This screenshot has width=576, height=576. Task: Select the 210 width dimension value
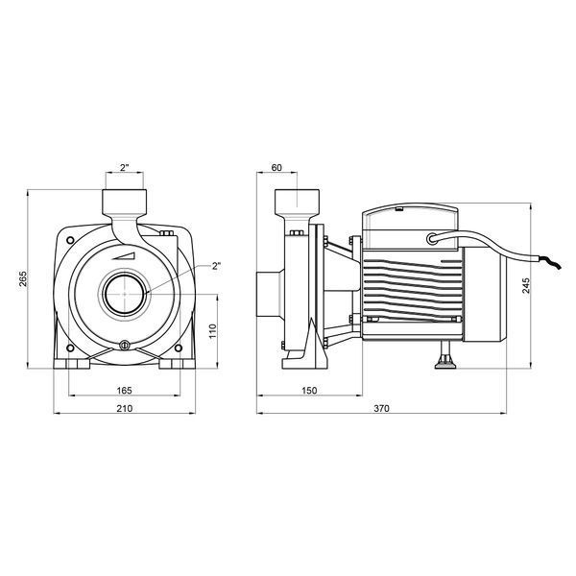pos(125,408)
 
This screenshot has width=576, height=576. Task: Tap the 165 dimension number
pos(124,390)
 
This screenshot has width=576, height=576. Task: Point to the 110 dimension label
pos(213,331)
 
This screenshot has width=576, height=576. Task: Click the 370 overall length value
pos(381,408)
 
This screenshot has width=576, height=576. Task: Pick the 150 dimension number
pos(309,390)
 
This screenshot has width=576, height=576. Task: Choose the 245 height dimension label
pos(526,285)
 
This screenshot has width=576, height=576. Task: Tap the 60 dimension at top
pos(276,167)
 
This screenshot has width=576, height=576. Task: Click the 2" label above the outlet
pos(125,167)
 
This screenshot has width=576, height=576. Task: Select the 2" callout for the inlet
pos(217,266)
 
